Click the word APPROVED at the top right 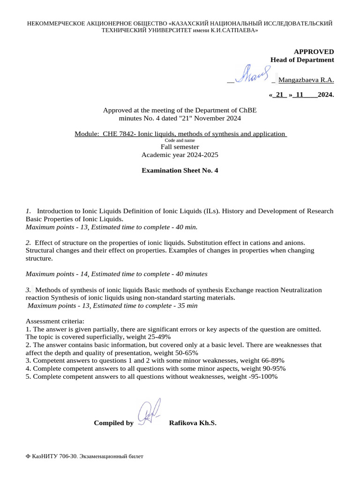click(x=314, y=52)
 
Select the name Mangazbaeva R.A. click(x=306, y=80)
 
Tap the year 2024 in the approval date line click(x=325, y=95)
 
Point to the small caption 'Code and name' click(x=180, y=140)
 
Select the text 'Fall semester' click(x=180, y=147)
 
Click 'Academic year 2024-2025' click(x=180, y=155)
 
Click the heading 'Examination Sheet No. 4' click(x=180, y=171)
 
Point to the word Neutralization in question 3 click(x=301, y=290)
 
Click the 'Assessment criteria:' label click(x=55, y=322)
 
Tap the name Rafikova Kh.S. click(x=192, y=423)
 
